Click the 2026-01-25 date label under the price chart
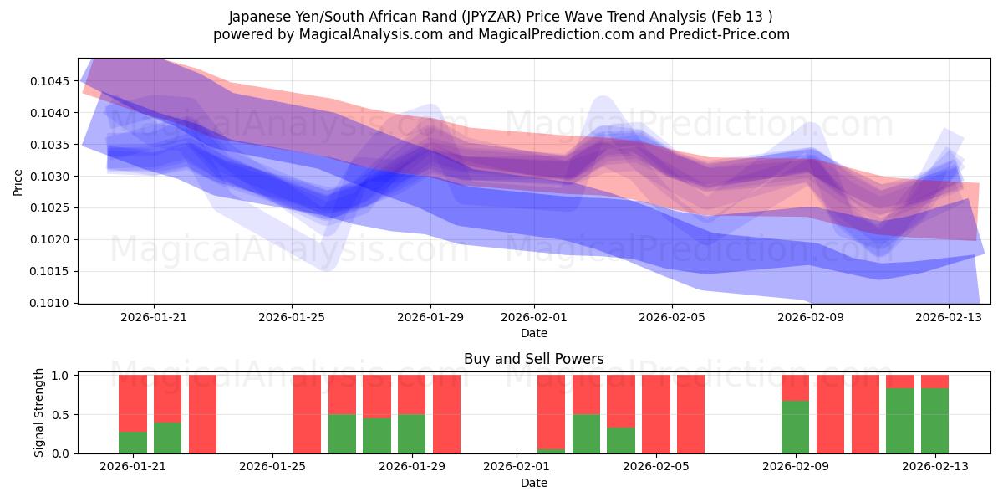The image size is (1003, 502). pos(292,317)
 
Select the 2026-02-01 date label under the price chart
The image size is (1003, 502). pos(534,317)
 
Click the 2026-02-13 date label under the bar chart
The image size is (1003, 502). pos(934,467)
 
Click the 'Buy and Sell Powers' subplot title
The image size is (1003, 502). pos(533,360)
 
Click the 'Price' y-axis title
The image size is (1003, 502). pos(18,181)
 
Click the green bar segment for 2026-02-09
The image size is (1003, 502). pos(795,427)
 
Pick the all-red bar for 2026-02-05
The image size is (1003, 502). pos(656,414)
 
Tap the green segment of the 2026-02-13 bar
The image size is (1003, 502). pos(934,421)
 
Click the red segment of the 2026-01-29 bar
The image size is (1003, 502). pos(411,395)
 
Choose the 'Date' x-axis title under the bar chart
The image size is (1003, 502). pos(533,483)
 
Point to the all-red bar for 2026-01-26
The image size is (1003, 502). pos(307,414)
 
